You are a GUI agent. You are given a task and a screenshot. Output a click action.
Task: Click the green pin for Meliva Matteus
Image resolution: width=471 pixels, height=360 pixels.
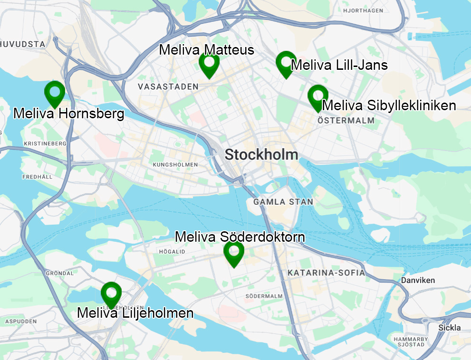(x=209, y=64)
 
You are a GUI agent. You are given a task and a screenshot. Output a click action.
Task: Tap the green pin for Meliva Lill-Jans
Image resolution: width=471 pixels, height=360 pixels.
(x=286, y=64)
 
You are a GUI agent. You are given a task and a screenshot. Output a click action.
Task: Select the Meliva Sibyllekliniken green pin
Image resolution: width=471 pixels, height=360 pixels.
(x=317, y=97)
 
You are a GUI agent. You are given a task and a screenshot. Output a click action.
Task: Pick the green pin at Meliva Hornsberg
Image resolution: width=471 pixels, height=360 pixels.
(x=55, y=93)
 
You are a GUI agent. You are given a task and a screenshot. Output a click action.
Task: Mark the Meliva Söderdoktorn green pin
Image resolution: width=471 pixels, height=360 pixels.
(x=234, y=253)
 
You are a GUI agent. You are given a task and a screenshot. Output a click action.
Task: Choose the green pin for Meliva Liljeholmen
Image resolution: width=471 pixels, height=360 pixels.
(x=111, y=294)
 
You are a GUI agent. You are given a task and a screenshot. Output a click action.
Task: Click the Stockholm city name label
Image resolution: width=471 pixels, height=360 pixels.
(x=261, y=154)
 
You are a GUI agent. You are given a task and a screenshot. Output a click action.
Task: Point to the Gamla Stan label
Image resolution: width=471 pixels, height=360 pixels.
(x=283, y=202)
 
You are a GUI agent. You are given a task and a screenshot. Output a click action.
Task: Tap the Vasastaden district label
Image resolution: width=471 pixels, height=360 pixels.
(x=168, y=87)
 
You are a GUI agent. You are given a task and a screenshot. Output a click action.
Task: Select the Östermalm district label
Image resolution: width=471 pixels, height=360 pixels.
(x=346, y=121)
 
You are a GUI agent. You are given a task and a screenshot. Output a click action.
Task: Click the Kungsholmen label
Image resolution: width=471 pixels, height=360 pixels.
(x=175, y=165)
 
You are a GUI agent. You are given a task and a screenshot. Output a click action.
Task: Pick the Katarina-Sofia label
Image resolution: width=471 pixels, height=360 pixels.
(x=327, y=273)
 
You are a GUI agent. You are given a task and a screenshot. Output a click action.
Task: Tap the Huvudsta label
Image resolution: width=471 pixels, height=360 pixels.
(x=22, y=44)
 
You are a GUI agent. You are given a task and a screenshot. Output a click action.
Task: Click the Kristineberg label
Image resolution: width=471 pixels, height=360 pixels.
(x=44, y=143)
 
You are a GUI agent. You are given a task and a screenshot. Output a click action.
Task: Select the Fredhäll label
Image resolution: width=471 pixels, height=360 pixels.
(x=38, y=177)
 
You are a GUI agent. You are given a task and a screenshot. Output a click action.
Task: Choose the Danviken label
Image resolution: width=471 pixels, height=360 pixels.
(x=418, y=280)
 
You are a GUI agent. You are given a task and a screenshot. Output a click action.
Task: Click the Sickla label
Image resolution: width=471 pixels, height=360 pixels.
(x=450, y=328)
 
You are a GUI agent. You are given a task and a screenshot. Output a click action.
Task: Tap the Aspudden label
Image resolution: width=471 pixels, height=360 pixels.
(x=21, y=322)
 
